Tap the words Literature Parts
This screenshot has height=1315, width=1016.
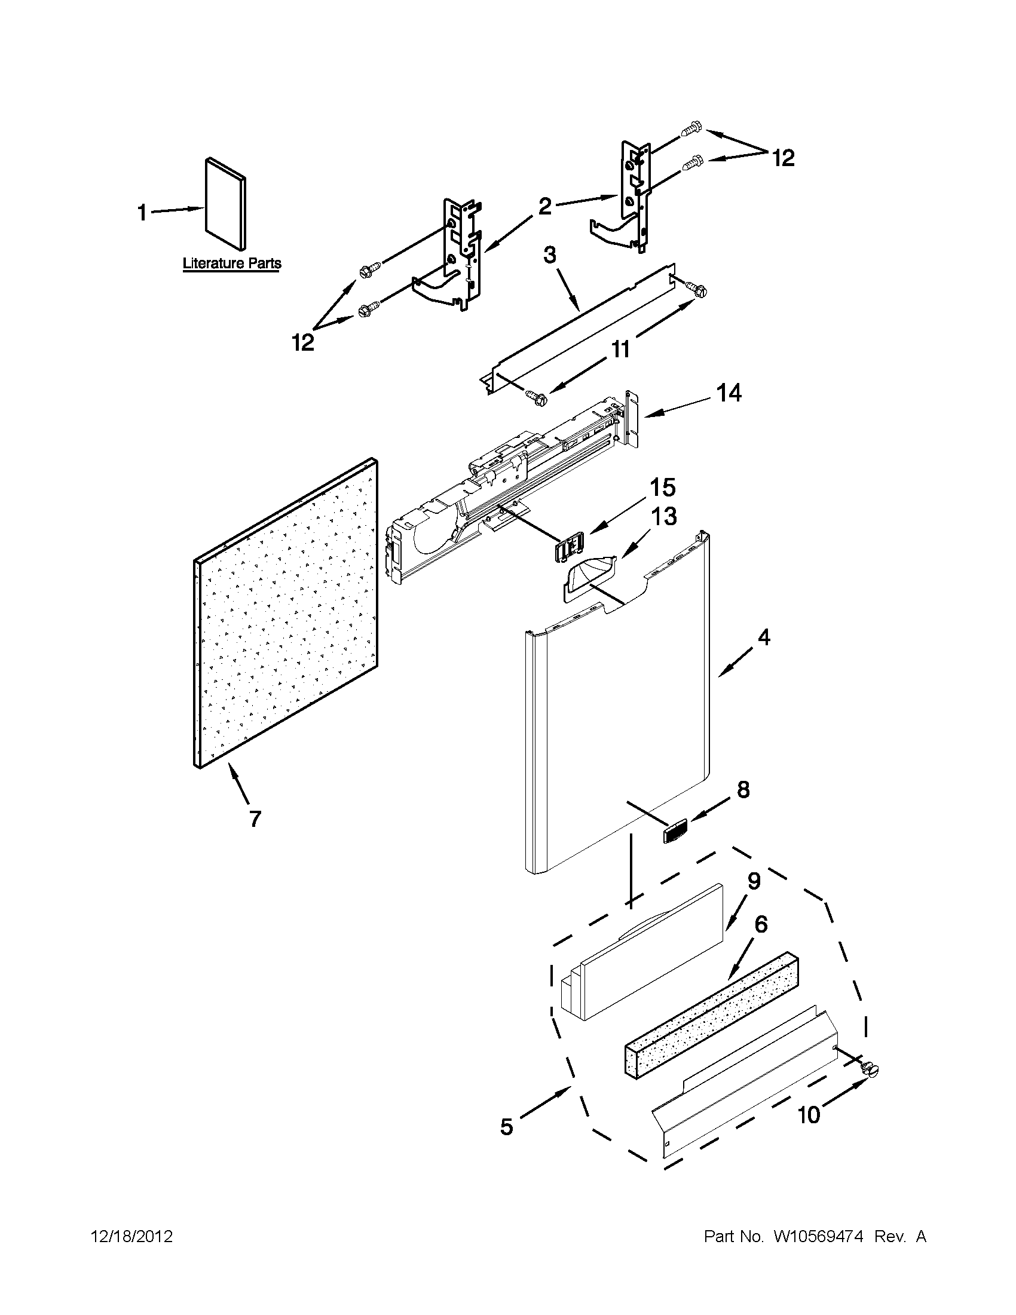coord(232,263)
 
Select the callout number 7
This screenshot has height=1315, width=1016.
coord(255,819)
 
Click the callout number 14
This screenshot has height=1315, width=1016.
coord(729,394)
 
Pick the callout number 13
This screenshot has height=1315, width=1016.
coord(663,516)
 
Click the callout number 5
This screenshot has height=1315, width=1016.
coord(506,1127)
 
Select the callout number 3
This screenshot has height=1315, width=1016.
coord(550,255)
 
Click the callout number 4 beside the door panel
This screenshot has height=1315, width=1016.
coord(764,637)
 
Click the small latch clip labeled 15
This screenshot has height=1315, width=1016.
coord(567,548)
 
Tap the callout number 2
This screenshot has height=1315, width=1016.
coord(544,207)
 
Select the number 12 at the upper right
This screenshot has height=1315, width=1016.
coord(784,158)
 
